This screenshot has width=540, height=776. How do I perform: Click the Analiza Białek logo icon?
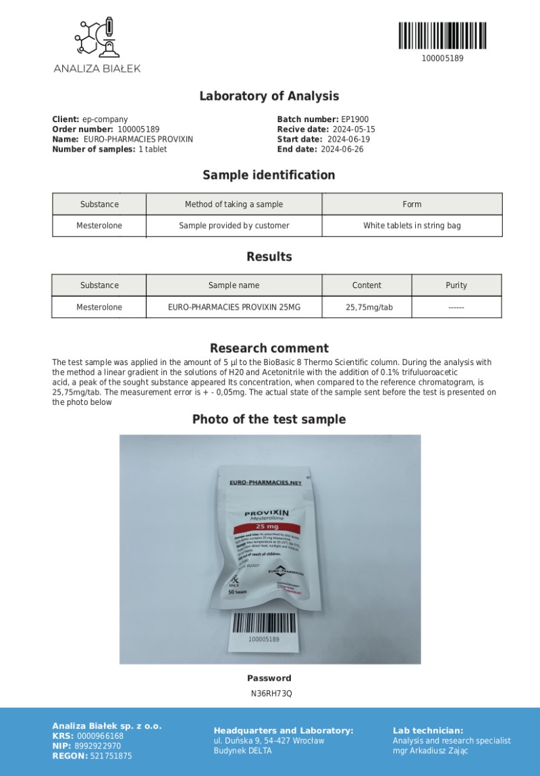(97, 38)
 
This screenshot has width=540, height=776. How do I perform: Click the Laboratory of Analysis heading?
(269, 96)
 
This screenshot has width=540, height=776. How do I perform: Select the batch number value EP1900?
(355, 119)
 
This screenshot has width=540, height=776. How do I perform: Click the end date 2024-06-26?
(342, 149)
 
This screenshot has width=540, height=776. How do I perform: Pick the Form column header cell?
(412, 204)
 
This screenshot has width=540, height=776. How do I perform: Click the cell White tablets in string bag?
(412, 225)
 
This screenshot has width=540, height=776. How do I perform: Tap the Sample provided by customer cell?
(234, 225)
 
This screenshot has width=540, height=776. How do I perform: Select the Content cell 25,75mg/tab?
(367, 307)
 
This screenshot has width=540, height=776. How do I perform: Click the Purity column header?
(456, 285)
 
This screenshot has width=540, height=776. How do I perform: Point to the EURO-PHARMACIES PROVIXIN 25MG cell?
(234, 307)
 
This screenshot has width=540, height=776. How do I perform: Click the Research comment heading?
(269, 348)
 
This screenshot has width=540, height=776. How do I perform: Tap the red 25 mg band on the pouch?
(267, 526)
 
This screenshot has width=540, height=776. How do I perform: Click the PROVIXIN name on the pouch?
(267, 513)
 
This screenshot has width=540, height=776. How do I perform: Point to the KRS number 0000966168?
(101, 736)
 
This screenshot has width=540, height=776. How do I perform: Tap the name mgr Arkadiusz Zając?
(430, 750)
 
